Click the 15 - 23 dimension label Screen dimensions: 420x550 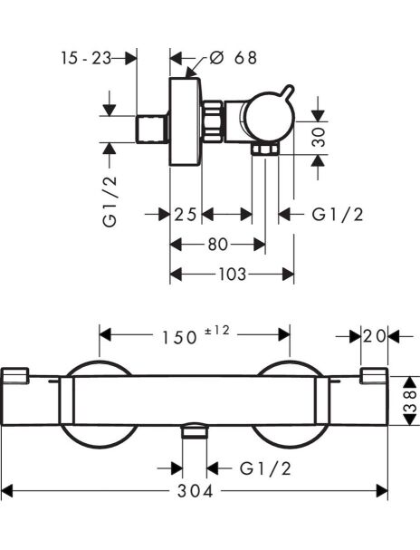click(86, 58)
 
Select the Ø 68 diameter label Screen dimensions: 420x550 click(233, 57)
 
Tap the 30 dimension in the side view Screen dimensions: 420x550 click(319, 137)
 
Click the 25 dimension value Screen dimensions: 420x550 click(186, 215)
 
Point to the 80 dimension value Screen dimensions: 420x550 click(218, 245)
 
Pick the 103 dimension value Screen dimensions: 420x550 click(233, 275)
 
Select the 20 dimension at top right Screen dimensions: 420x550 click(375, 337)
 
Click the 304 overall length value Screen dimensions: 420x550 click(195, 491)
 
